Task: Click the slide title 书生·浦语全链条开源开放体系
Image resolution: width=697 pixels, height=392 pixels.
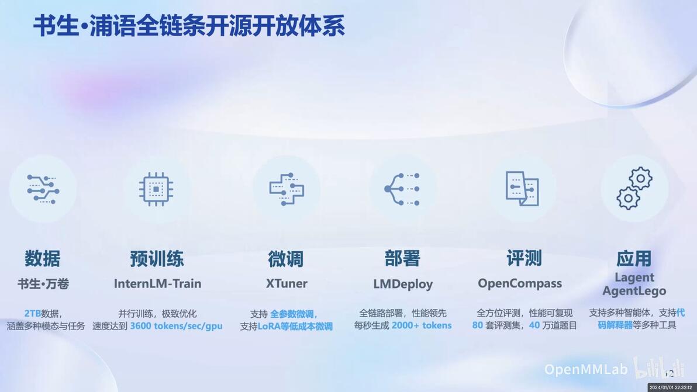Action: point(189,26)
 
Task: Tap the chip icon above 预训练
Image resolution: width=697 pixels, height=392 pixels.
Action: point(156,189)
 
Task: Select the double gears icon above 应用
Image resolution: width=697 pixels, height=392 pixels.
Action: point(634,188)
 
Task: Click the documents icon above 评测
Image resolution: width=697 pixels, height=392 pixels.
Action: point(522,189)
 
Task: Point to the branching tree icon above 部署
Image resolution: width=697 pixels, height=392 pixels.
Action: point(402,189)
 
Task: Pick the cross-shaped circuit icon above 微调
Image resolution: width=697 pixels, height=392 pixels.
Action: point(287,189)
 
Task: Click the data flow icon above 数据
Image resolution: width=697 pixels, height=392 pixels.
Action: point(43,189)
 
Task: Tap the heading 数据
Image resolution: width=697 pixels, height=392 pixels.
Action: point(43,258)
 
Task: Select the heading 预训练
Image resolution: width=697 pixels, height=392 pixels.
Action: point(157,258)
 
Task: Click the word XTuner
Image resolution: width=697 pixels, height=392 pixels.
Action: point(287,283)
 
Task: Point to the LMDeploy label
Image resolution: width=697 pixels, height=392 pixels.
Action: point(403,284)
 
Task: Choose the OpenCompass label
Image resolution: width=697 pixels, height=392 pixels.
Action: point(520,284)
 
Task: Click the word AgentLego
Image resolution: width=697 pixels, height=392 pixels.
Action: point(634,292)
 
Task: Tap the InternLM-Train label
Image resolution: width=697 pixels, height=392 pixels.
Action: point(158,283)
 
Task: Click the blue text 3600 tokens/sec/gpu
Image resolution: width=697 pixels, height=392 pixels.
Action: point(176,326)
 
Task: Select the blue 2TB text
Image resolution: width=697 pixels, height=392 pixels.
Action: point(32,313)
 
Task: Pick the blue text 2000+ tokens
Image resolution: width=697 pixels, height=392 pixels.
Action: point(422,325)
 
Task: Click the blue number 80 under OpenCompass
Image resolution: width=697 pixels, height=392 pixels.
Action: point(477,325)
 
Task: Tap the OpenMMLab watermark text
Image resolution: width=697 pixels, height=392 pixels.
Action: point(586,369)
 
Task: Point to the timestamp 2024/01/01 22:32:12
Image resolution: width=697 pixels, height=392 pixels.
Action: point(671,387)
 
